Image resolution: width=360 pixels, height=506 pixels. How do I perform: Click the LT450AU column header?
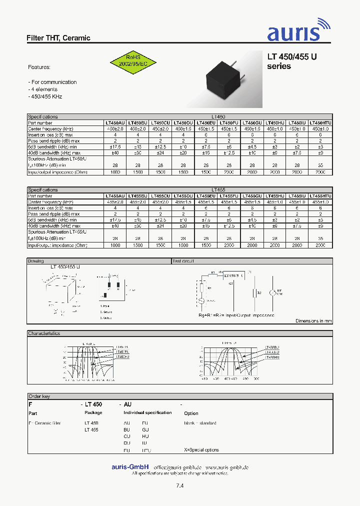coord(114,122)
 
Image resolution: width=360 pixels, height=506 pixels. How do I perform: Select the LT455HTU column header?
coord(320,196)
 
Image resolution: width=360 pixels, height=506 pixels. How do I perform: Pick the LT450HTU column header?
coord(320,122)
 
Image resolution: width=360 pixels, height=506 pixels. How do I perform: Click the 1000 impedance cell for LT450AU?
coord(114,172)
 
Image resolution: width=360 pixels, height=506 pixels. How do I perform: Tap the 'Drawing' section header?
coord(36,261)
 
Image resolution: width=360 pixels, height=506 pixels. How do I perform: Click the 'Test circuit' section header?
coord(183,261)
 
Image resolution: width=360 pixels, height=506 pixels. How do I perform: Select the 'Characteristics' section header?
coord(44,333)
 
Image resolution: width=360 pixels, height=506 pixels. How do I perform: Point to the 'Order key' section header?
coord(39,396)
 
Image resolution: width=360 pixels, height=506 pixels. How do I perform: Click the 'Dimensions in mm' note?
coord(313,321)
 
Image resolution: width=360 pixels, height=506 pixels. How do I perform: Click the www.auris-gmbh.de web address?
coord(227,467)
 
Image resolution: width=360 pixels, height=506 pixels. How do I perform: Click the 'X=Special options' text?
coord(201,450)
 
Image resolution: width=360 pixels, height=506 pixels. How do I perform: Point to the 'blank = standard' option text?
coord(200,423)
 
